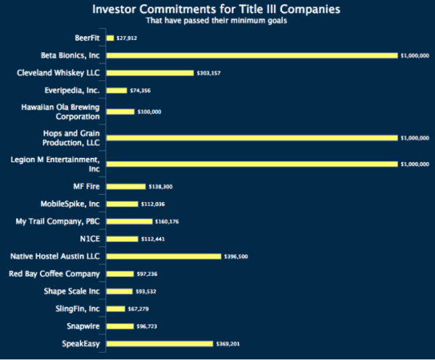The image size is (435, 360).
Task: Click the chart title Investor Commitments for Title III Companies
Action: [x=217, y=9]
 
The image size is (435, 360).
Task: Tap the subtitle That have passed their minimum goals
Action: [x=217, y=20]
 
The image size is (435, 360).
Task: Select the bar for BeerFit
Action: [x=110, y=38]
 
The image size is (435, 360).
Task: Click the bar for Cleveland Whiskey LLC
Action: [x=150, y=72]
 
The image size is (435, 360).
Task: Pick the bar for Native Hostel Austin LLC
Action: [x=164, y=256]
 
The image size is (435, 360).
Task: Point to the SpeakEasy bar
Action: [x=159, y=343]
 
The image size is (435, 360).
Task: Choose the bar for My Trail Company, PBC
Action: [x=130, y=221]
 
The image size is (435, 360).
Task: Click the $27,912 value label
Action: [x=127, y=38]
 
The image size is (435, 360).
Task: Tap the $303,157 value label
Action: [x=209, y=72]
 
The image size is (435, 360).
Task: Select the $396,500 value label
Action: [x=236, y=256]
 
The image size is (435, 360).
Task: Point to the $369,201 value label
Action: [x=228, y=343]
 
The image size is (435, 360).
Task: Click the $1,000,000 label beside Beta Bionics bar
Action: [x=414, y=55]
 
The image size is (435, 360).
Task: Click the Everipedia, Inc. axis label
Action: [x=72, y=90]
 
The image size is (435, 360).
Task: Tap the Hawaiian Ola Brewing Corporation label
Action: [x=65, y=112]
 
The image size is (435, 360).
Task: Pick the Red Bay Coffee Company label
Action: [x=54, y=274]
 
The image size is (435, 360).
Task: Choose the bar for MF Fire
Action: [x=126, y=186]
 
